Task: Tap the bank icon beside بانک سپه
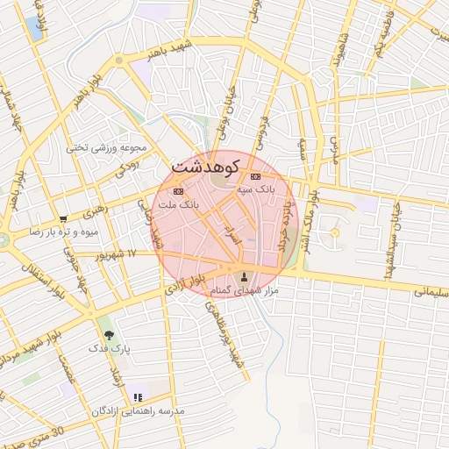pos(255,176)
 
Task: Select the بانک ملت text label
pos(178,203)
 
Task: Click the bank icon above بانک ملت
pos(179,190)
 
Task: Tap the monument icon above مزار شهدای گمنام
pos(245,277)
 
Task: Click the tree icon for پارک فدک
pos(109,335)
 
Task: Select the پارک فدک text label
pos(109,348)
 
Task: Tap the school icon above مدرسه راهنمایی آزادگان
pos(137,397)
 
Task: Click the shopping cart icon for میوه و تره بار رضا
pos(63,219)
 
